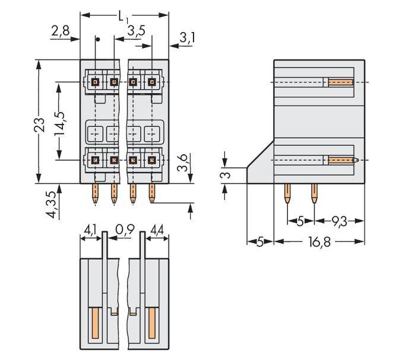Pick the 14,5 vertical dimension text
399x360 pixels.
[x=59, y=121]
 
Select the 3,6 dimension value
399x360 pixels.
[x=183, y=162]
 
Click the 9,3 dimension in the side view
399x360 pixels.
[x=340, y=221]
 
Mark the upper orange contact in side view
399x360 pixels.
[x=341, y=82]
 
